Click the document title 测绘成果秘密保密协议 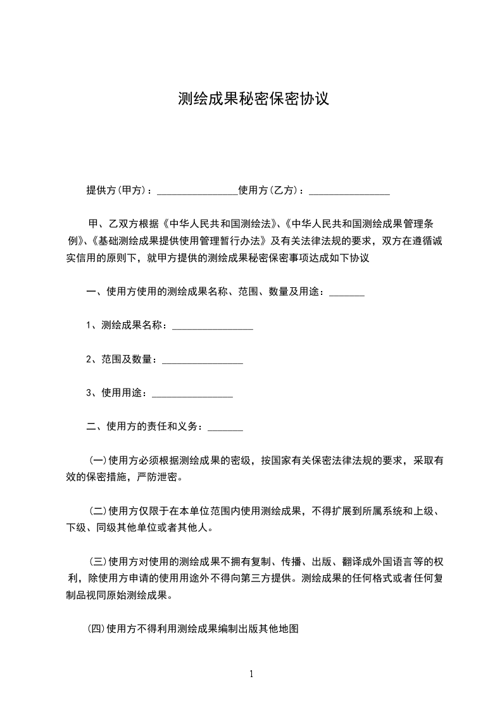point(253,99)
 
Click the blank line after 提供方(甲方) point(197,191)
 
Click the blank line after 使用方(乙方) point(349,191)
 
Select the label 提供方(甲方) point(118,190)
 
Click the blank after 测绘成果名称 point(213,327)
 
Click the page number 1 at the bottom point(251,674)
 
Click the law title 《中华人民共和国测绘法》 point(222,224)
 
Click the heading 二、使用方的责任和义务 point(144,426)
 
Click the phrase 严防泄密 point(158,477)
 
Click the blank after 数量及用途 point(347,293)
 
